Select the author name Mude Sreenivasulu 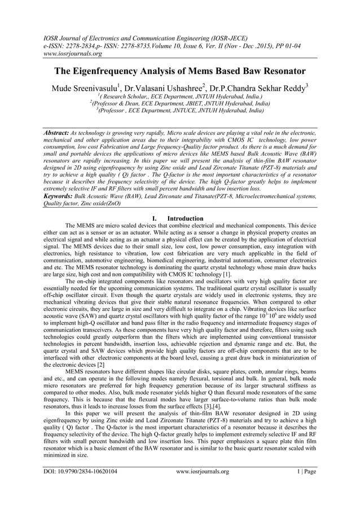pos(85,89)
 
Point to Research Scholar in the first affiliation pos(131,97)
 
